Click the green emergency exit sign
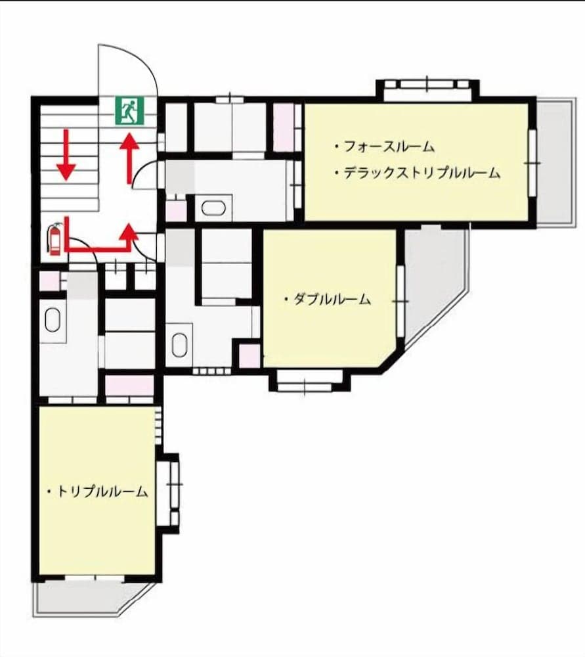coord(130,110)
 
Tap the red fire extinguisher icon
coord(54,238)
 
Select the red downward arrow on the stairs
coord(66,155)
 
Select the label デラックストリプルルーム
coord(416,173)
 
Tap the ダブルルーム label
coord(328,300)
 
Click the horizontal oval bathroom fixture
coord(213,209)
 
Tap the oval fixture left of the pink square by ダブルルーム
coord(179,344)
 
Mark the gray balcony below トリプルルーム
coord(92,598)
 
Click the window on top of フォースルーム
coord(427,90)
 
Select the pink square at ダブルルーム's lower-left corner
coord(249,355)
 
